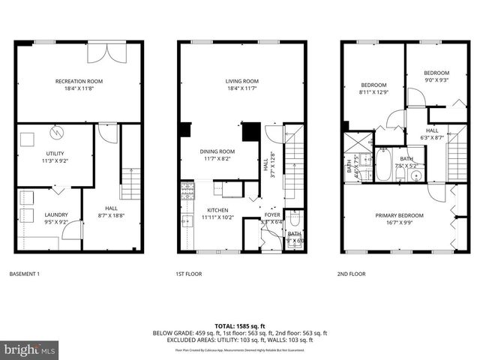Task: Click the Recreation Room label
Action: [79, 80]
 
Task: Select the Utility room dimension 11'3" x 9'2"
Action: [52, 160]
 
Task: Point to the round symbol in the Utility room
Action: [56, 133]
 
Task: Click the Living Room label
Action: [242, 80]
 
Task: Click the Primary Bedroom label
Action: [399, 215]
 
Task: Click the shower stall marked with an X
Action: [353, 142]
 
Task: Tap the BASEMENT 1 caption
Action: [23, 274]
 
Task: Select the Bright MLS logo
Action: [30, 349]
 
